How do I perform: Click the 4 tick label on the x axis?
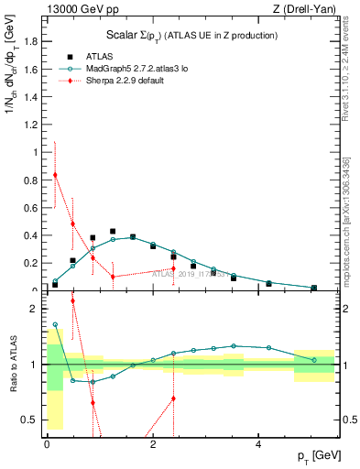(259, 444)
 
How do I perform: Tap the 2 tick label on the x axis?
(153, 444)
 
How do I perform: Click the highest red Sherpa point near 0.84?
(55, 175)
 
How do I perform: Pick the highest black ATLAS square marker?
(113, 232)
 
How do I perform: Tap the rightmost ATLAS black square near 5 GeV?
(313, 288)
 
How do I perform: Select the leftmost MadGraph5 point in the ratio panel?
(55, 324)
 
